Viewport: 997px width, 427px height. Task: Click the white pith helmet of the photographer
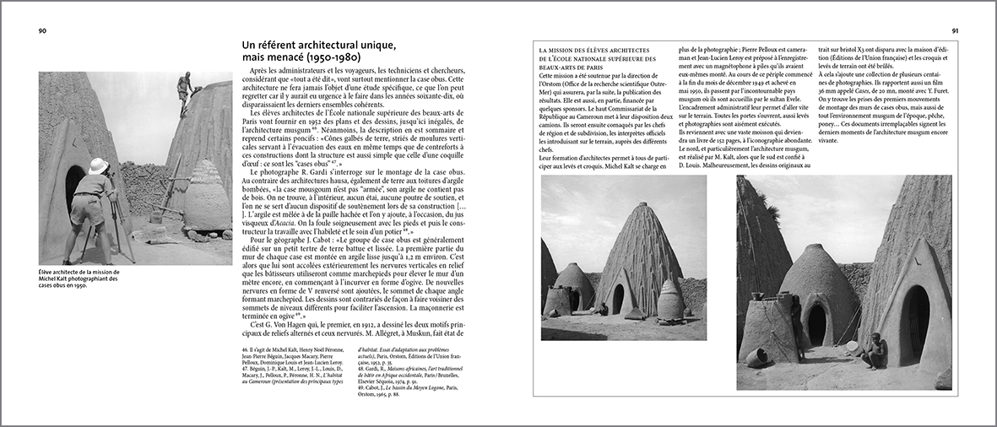[x=99, y=165]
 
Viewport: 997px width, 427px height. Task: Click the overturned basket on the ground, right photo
[x=756, y=357]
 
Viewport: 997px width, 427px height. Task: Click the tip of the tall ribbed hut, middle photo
[x=634, y=180]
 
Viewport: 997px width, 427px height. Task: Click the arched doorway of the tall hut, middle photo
[x=618, y=297]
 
